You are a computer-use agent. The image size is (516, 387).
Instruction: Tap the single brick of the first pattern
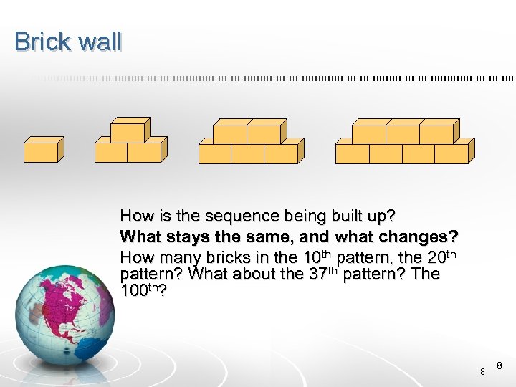(41, 152)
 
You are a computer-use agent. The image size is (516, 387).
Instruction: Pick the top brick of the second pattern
(128, 133)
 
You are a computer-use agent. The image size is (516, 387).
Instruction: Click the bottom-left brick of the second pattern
(111, 153)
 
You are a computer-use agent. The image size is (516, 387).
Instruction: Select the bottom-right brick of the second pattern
(144, 153)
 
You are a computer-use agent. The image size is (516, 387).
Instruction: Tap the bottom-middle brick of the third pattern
(247, 154)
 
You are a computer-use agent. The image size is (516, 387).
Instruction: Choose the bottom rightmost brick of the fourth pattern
(451, 154)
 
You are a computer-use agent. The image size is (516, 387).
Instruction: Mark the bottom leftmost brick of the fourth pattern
(353, 154)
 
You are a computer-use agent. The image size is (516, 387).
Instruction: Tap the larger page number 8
(499, 365)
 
